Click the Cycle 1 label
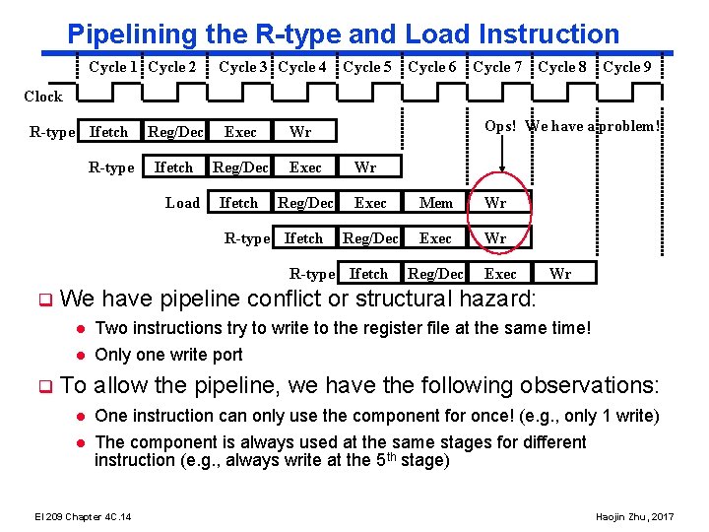113,67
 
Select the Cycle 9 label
627,67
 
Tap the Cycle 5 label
367,67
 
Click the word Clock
42,97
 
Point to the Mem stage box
435,203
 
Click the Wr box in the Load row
496,203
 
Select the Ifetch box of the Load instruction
238,203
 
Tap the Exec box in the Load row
370,203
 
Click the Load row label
182,203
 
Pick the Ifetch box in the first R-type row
108,132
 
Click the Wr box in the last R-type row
559,274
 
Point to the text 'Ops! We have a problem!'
572,126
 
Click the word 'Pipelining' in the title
133,34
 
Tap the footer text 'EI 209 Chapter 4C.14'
84,517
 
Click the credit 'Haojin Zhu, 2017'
635,517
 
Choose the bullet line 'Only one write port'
168,355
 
